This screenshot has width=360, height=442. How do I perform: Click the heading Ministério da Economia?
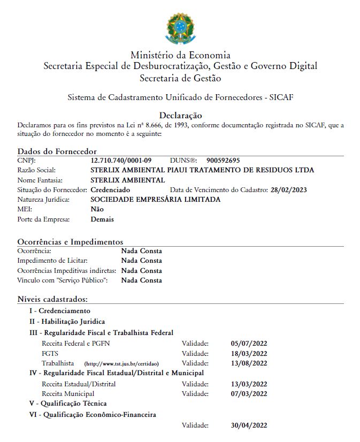pyautogui.click(x=180, y=55)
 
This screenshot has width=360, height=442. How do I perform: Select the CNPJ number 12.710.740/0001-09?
pyautogui.click(x=121, y=161)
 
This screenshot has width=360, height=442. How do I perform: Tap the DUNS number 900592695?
pyautogui.click(x=223, y=161)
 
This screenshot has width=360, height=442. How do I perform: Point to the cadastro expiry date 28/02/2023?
pyautogui.click(x=289, y=190)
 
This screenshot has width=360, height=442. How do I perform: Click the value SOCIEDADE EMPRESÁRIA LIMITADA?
pyautogui.click(x=156, y=200)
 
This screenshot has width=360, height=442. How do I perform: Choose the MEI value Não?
pyautogui.click(x=97, y=209)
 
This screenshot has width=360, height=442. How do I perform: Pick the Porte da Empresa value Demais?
pyautogui.click(x=102, y=219)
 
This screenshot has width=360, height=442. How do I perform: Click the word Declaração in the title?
pyautogui.click(x=180, y=115)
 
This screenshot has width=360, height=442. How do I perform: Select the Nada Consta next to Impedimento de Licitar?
pyautogui.click(x=141, y=261)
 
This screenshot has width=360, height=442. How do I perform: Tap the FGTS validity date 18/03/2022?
pyautogui.click(x=249, y=353)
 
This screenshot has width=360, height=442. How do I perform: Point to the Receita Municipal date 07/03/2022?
pyautogui.click(x=249, y=394)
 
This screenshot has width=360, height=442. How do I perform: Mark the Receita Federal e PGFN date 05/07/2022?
pyautogui.click(x=249, y=343)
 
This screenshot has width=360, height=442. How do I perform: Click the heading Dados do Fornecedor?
pyautogui.click(x=57, y=151)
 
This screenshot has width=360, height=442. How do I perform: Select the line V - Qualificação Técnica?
pyautogui.click(x=68, y=403)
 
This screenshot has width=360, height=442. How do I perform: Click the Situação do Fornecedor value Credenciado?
pyautogui.click(x=110, y=190)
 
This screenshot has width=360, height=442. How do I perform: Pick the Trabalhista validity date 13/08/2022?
pyautogui.click(x=249, y=363)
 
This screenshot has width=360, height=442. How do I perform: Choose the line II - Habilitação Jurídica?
pyautogui.click(x=67, y=322)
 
